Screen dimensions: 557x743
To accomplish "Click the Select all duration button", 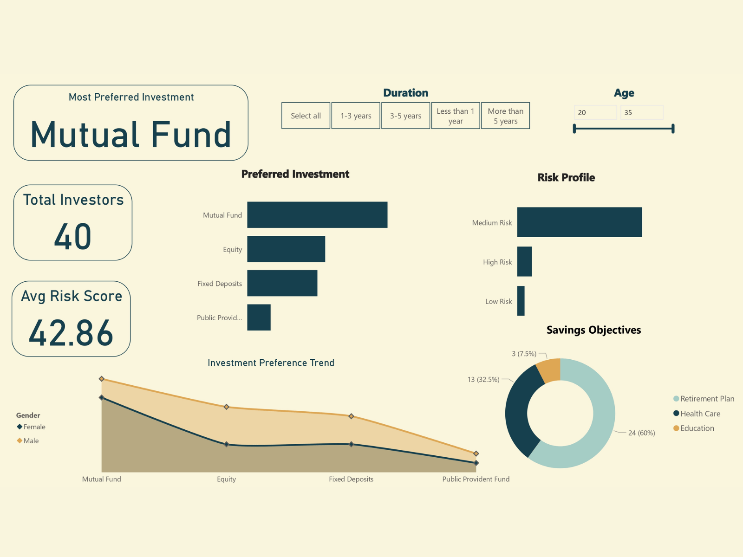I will pyautogui.click(x=306, y=116).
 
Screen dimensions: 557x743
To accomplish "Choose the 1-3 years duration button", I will pyautogui.click(x=356, y=116).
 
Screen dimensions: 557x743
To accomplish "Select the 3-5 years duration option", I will pyautogui.click(x=405, y=116).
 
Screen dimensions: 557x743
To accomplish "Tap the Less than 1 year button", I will pyautogui.click(x=456, y=116).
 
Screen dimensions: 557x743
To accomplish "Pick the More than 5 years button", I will pyautogui.click(x=505, y=116).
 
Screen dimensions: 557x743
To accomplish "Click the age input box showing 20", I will pyautogui.click(x=595, y=112).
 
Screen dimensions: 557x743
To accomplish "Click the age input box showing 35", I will pyautogui.click(x=641, y=112).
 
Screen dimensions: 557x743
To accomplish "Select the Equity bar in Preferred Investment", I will pyautogui.click(x=286, y=249).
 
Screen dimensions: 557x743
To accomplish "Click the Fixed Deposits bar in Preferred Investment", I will pyautogui.click(x=282, y=283).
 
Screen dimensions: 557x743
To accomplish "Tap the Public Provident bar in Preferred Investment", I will pyautogui.click(x=259, y=317).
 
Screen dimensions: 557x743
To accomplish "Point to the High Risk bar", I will pyautogui.click(x=524, y=262).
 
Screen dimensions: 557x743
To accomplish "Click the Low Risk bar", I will pyautogui.click(x=521, y=301).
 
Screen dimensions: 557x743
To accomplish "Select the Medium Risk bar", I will pyautogui.click(x=579, y=222).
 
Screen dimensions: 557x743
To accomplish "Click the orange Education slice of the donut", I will pyautogui.click(x=549, y=371).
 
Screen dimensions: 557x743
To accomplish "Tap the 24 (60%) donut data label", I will pyautogui.click(x=641, y=433).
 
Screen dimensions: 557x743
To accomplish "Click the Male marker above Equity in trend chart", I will pyautogui.click(x=226, y=407).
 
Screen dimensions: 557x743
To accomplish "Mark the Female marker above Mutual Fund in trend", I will pyautogui.click(x=102, y=398).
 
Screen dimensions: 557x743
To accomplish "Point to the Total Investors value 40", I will pyautogui.click(x=73, y=237).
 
